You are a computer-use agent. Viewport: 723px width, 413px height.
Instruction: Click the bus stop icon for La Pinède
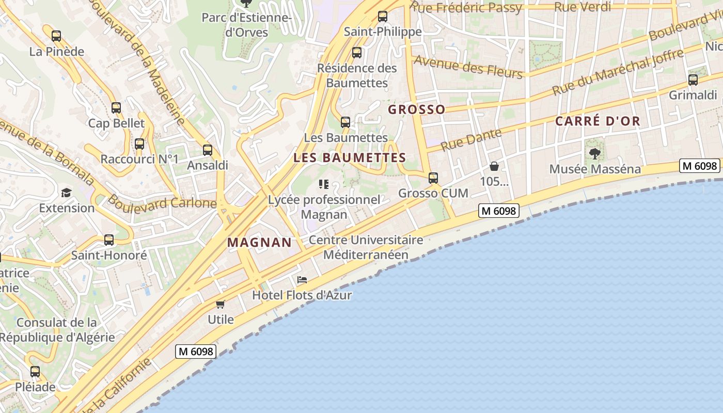click(x=56, y=36)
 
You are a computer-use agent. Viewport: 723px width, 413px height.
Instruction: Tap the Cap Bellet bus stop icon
click(x=116, y=108)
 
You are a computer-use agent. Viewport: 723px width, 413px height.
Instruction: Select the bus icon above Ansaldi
click(x=207, y=150)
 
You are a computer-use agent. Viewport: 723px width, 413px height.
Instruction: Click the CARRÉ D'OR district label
click(x=598, y=121)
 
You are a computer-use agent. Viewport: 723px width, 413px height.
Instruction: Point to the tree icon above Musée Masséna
click(x=595, y=153)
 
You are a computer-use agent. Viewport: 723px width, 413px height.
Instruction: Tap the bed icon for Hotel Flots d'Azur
click(x=302, y=280)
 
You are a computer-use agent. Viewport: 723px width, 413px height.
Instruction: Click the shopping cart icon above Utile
click(x=221, y=304)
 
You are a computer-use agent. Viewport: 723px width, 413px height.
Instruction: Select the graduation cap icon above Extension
click(x=66, y=193)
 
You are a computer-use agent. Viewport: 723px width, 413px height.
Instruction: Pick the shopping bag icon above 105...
click(x=494, y=166)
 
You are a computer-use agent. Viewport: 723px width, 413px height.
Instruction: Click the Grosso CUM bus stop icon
click(x=433, y=178)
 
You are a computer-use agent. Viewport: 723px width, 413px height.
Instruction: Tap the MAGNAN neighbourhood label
click(x=259, y=242)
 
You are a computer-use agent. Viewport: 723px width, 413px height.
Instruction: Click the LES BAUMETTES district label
click(x=350, y=158)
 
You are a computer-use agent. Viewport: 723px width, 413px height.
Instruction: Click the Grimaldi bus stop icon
click(x=693, y=80)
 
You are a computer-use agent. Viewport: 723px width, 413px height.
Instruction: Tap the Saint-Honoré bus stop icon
click(x=108, y=240)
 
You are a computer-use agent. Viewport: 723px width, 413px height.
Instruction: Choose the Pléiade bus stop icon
click(x=35, y=372)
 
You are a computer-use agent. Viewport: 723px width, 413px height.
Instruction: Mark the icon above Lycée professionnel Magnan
click(x=324, y=184)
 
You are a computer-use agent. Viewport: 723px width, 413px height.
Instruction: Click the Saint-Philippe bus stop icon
click(x=383, y=17)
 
